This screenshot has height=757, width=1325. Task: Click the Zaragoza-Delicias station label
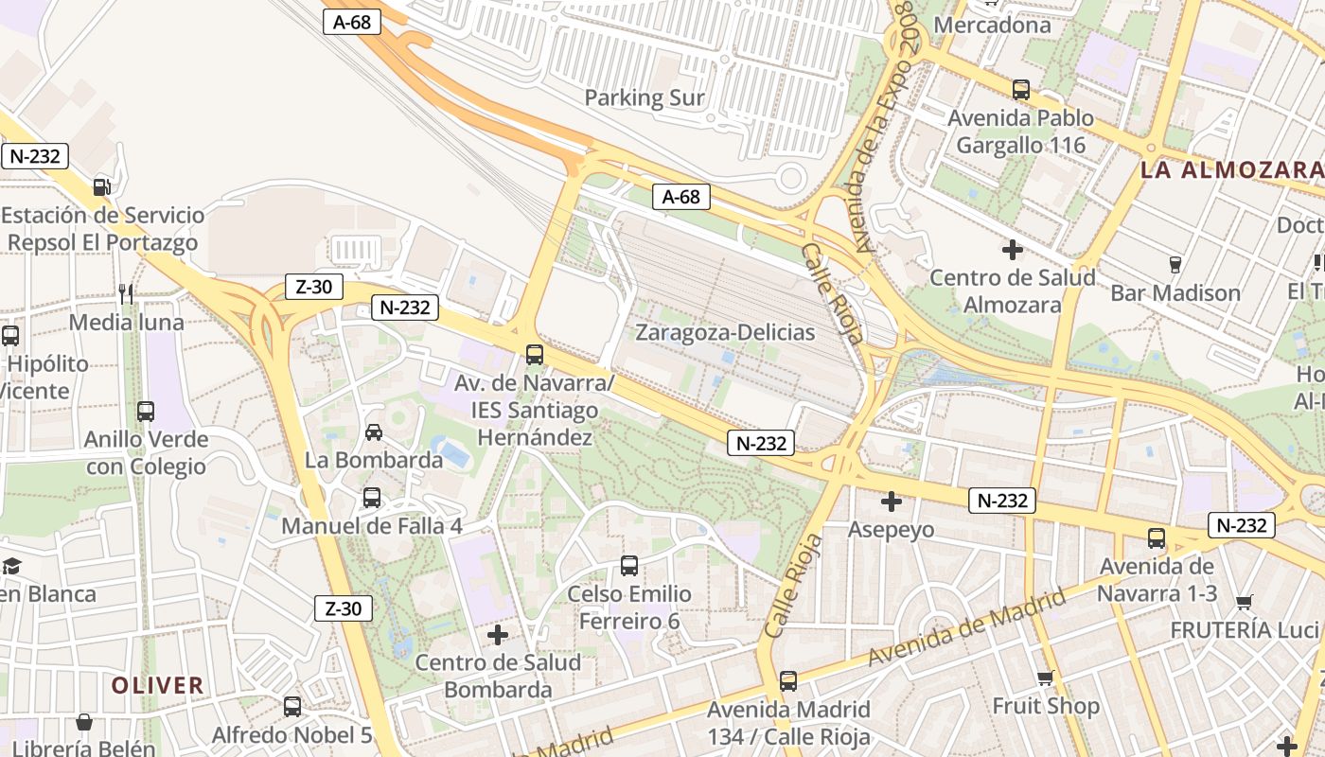click(724, 332)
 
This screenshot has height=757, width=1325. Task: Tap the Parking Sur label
click(645, 97)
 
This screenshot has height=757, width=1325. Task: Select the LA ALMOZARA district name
click(1231, 170)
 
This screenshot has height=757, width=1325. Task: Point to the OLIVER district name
click(157, 685)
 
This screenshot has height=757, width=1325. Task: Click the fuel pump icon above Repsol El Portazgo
click(102, 187)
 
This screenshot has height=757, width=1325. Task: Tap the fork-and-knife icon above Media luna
click(126, 294)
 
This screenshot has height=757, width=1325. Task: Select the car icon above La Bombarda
click(374, 432)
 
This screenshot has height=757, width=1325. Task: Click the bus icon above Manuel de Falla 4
click(372, 497)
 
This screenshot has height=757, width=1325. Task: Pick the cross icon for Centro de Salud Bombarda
click(498, 635)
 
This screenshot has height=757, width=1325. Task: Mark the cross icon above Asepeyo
click(891, 502)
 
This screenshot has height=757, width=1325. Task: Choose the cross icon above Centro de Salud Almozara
click(1013, 250)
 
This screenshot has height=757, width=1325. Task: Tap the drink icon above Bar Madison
click(1175, 264)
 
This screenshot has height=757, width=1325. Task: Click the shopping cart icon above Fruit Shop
click(1046, 678)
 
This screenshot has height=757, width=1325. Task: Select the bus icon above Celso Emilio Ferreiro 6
click(629, 566)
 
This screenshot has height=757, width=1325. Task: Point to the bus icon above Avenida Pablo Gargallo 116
click(1021, 90)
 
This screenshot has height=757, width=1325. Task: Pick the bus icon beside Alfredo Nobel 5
click(292, 706)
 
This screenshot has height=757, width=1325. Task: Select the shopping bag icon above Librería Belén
click(84, 723)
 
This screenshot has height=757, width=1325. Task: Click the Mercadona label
click(992, 25)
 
